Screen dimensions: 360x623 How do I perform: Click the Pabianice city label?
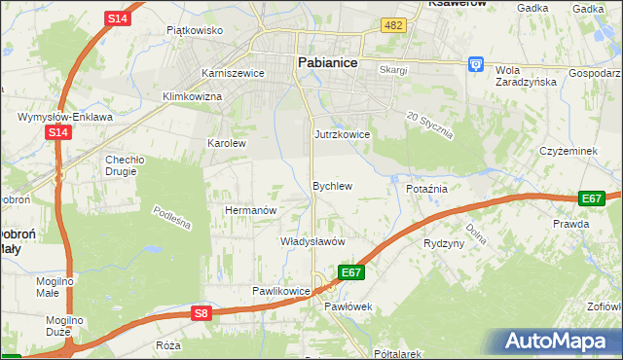click(x=326, y=62)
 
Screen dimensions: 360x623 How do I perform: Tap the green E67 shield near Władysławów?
click(x=351, y=272)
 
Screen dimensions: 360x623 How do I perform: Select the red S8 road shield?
click(x=201, y=313)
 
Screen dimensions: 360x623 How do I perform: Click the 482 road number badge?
click(x=393, y=25)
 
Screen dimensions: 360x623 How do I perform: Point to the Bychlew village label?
click(x=331, y=185)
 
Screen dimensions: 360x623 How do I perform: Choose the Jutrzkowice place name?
click(x=342, y=134)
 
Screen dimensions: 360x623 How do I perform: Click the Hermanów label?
click(x=251, y=210)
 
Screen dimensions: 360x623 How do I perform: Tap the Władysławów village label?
click(x=313, y=241)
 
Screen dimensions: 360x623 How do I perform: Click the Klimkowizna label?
click(x=192, y=96)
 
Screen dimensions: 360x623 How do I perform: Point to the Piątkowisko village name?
click(x=195, y=30)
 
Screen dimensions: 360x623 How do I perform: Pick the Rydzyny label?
click(x=444, y=243)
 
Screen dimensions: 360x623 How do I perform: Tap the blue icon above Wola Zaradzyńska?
click(x=476, y=63)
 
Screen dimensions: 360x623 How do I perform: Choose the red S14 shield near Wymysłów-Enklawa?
click(x=58, y=132)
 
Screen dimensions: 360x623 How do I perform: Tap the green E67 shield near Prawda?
click(x=591, y=198)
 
